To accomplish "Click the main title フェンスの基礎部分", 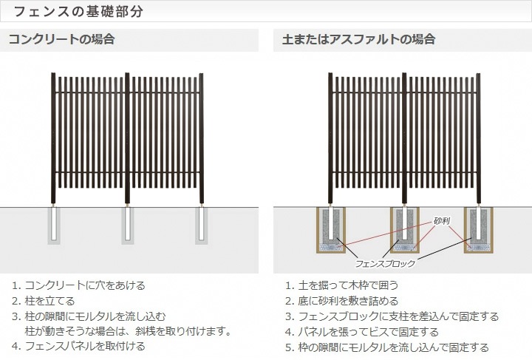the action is tap(78, 11).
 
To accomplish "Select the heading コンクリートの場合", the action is tap(61, 39).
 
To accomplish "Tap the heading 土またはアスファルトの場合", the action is tap(358, 39).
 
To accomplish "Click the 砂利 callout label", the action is tap(442, 221).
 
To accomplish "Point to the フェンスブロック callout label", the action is tap(385, 263).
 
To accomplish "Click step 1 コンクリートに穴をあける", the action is tap(79, 285).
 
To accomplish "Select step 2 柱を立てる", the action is tap(44, 301).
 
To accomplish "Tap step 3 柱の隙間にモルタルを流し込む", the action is tap(89, 316).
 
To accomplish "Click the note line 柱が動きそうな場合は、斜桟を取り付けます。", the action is tap(129, 331).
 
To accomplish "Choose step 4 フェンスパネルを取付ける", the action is tap(79, 346).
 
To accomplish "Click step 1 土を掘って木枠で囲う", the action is tap(342, 285).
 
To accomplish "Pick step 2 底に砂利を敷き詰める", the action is tap(342, 301).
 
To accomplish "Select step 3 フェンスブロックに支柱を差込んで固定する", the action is tap(392, 316).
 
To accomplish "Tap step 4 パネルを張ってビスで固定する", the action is tap(362, 332).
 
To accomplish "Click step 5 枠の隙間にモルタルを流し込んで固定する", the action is tap(387, 347).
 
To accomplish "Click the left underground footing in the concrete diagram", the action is tap(54, 225).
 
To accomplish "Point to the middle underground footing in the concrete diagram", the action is tap(128, 225).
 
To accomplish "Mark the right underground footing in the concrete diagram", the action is tap(202, 225).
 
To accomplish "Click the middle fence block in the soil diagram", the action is tap(405, 230).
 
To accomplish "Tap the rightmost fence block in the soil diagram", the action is tap(478, 230).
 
